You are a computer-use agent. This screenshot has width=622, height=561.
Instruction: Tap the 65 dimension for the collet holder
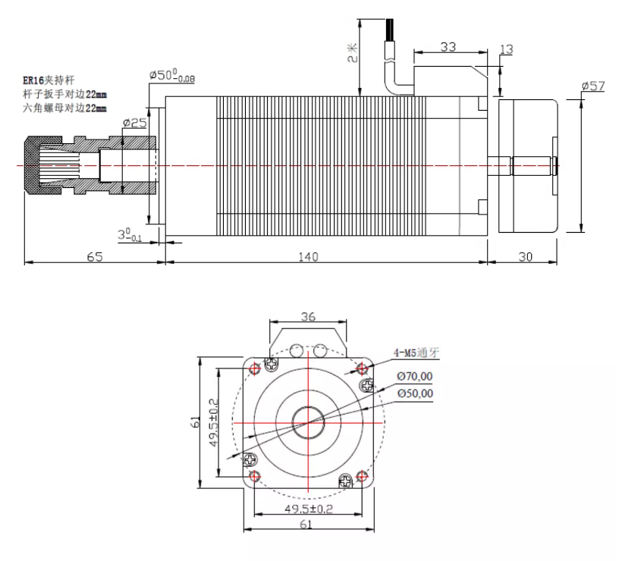[x=94, y=256]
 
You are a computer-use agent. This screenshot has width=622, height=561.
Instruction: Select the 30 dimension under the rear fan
[x=525, y=256]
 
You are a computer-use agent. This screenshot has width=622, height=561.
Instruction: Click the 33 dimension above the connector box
[x=448, y=47]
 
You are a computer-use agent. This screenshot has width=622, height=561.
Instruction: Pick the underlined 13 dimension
[x=507, y=50]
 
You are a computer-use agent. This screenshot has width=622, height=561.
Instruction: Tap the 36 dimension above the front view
[x=308, y=316]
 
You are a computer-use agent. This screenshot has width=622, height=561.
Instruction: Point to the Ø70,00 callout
[x=416, y=376]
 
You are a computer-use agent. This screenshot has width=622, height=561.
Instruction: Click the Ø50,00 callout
[x=416, y=393]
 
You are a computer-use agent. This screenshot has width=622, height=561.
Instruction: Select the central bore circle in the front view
[x=308, y=422]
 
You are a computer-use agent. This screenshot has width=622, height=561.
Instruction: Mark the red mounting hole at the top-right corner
[x=362, y=368]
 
